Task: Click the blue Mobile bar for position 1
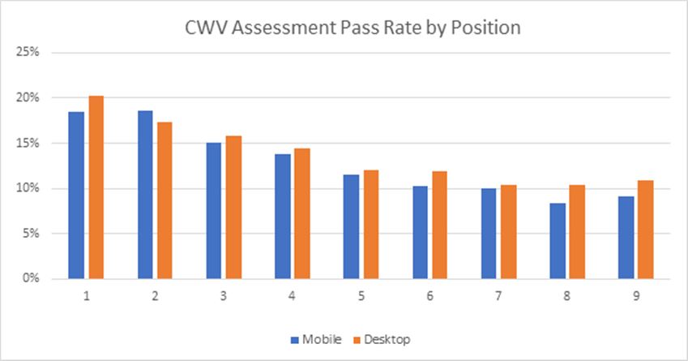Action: [x=76, y=196]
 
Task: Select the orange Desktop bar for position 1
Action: [x=96, y=187]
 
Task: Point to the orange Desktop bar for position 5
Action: [x=371, y=225]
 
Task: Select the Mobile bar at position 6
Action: [x=421, y=233]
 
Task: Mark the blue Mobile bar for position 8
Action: [x=558, y=241]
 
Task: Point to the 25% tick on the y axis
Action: [x=29, y=53]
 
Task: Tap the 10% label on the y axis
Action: [x=29, y=188]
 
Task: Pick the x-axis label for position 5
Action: [x=361, y=296]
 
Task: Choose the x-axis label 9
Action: [x=637, y=296]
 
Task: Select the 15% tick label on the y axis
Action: [x=29, y=144]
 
